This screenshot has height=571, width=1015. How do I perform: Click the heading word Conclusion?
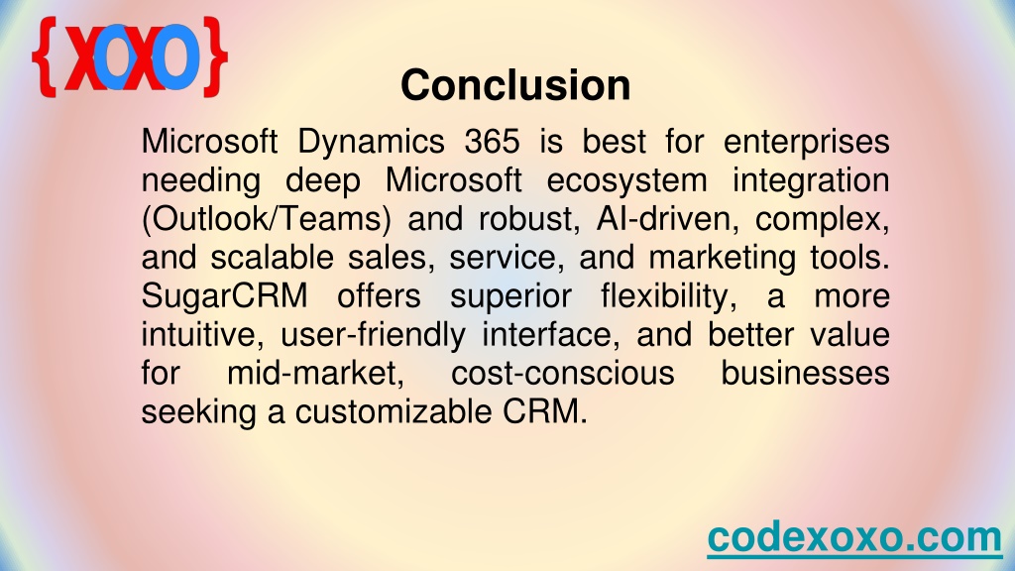[515, 85]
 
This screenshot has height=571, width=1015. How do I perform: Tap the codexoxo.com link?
[854, 536]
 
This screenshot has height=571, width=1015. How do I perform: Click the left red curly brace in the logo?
[44, 57]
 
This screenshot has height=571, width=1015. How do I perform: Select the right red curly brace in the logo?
[215, 57]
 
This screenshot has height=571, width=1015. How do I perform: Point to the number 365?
[492, 141]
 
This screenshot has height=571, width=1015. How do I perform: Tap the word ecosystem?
[626, 181]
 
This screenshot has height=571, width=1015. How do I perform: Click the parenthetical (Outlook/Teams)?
[266, 219]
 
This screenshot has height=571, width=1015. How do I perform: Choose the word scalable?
[272, 257]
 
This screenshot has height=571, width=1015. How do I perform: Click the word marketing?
[722, 259]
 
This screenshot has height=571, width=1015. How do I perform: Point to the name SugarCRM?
[225, 296]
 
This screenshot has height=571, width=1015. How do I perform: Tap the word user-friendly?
[373, 335]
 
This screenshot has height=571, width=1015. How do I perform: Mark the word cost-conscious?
[563, 374]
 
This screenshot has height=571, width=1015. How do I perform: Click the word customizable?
[394, 412]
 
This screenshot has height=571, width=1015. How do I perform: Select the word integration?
[811, 181]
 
